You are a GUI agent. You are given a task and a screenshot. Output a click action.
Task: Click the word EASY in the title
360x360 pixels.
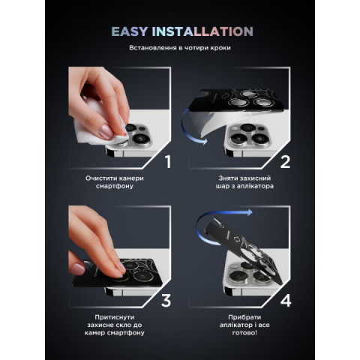point(130,31)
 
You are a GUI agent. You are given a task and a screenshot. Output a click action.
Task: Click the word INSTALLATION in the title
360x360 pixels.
point(202,31)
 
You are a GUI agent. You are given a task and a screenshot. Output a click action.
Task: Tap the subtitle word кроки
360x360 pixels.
point(220,48)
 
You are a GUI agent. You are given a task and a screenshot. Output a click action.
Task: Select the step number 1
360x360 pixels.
point(168,162)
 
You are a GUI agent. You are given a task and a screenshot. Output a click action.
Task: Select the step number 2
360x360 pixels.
point(285,162)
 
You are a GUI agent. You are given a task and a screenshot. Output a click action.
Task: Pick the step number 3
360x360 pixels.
point(166,301)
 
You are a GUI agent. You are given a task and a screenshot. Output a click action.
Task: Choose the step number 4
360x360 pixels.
point(286,301)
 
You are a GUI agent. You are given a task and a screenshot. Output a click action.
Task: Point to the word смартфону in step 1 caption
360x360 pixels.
point(115,186)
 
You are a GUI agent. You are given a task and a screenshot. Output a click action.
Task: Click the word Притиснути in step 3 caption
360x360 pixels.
point(115,317)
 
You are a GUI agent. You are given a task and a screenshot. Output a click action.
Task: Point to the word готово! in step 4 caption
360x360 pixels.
point(244,333)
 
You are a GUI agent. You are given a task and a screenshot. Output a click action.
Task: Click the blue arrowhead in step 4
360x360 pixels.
point(249,212)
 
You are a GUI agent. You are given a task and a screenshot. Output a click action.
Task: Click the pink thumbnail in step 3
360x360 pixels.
point(77,269)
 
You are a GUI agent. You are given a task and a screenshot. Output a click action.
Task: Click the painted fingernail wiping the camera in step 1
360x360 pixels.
point(106,133)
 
